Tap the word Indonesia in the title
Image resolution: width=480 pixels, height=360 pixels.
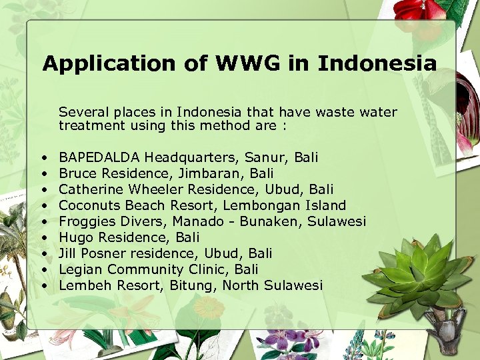click(x=377, y=64)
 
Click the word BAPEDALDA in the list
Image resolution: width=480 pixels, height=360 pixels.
click(x=99, y=157)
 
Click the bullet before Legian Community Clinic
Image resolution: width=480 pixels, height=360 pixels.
click(x=43, y=270)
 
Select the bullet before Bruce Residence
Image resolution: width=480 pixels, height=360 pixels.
click(x=43, y=174)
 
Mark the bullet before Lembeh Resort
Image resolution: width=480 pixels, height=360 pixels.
click(x=43, y=286)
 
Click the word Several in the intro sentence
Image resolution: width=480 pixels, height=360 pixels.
click(x=82, y=112)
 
